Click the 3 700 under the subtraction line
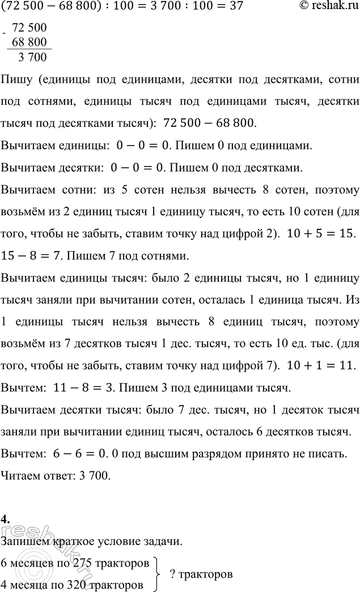pos(32,57)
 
